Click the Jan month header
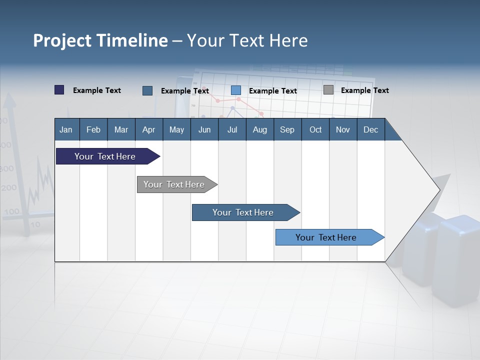pyautogui.click(x=66, y=129)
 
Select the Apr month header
pyautogui.click(x=148, y=129)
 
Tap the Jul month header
pyautogui.click(x=232, y=129)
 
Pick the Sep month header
pyautogui.click(x=287, y=129)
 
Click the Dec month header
pyautogui.click(x=370, y=129)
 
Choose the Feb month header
pyautogui.click(x=93, y=129)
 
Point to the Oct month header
pyautogui.click(x=315, y=129)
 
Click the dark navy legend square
pyautogui.click(x=59, y=90)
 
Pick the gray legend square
pyautogui.click(x=328, y=90)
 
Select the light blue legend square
pyautogui.click(x=236, y=90)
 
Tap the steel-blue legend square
pyautogui.click(x=147, y=90)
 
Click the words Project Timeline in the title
pyautogui.click(x=100, y=40)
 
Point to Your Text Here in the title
pyautogui.click(x=247, y=40)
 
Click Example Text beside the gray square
pyautogui.click(x=364, y=90)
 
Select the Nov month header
pyautogui.click(x=343, y=129)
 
